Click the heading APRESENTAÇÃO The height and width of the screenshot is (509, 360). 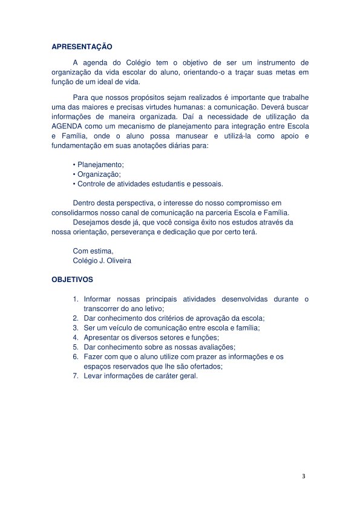pyautogui.click(x=82, y=46)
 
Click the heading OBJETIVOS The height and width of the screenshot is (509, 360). pyautogui.click(x=72, y=280)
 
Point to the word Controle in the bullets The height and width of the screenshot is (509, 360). pyautogui.click(x=93, y=183)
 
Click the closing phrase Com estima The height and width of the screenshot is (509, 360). pyautogui.click(x=93, y=251)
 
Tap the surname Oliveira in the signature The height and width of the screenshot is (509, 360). pyautogui.click(x=117, y=260)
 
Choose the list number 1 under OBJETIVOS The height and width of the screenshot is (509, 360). pyautogui.click(x=76, y=299)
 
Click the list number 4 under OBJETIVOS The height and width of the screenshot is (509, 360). pyautogui.click(x=76, y=337)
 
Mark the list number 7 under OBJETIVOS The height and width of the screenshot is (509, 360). pyautogui.click(x=76, y=375)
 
